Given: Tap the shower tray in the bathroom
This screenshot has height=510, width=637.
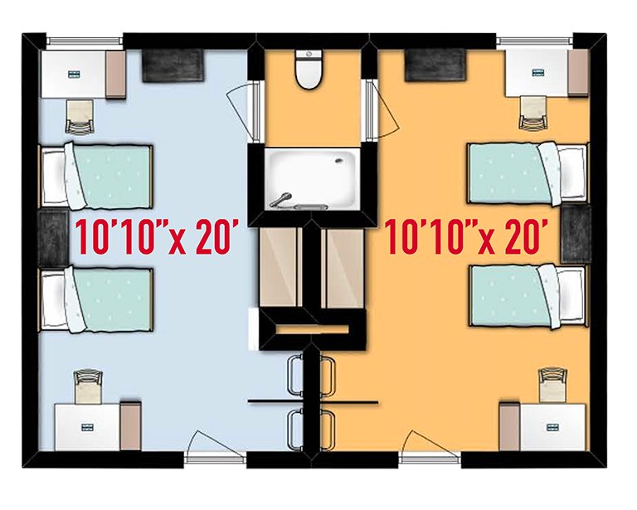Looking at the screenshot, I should click(x=312, y=177).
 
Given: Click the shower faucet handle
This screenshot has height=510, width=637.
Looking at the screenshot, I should click(x=284, y=198).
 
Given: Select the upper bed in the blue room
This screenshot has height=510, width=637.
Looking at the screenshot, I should click(x=98, y=176).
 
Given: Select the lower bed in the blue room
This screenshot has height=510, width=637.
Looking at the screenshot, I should click(x=98, y=296).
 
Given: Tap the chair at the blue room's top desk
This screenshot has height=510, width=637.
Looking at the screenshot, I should click(x=80, y=117).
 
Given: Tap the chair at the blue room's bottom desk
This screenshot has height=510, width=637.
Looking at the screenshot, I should click(x=87, y=386).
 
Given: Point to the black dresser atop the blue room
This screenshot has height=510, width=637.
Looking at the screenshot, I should click(x=173, y=66).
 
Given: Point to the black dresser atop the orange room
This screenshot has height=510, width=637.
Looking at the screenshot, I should click(x=435, y=65).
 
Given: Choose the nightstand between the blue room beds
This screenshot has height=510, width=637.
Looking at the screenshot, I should click(x=52, y=237).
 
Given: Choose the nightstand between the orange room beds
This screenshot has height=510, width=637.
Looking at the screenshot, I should click(x=575, y=235).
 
